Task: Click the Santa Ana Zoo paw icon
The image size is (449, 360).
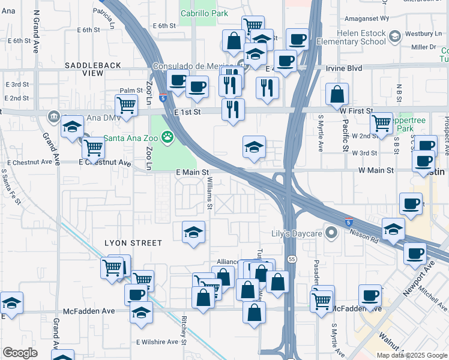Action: coord(167,137)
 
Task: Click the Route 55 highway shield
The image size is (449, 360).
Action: coord(292,259)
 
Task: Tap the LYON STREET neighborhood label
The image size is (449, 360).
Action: coord(133,243)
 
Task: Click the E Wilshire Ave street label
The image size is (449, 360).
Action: coord(157,342)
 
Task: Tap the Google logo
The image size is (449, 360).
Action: coord(20,352)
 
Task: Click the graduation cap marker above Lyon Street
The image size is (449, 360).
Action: coord(194,232)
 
